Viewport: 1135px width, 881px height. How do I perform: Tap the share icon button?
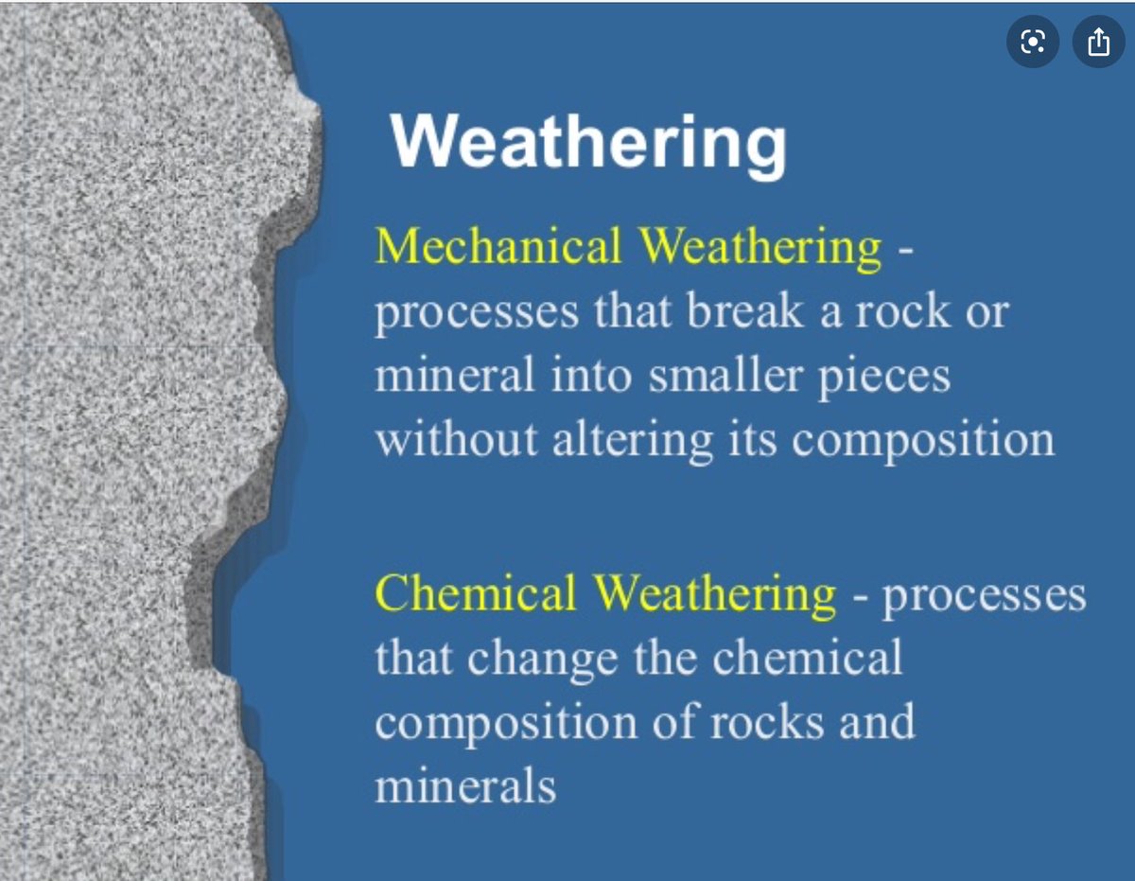pyautogui.click(x=1097, y=44)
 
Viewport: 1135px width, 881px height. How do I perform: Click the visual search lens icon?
pyautogui.click(x=1033, y=44)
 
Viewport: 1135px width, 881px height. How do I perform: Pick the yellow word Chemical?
pyautogui.click(x=476, y=594)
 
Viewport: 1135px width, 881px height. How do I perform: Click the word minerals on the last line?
pyautogui.click(x=465, y=787)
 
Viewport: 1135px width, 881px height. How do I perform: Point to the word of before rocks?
pyautogui.click(x=676, y=723)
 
